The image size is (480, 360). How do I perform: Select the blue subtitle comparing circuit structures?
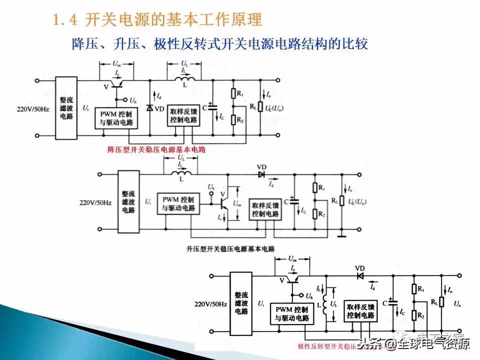click(x=220, y=44)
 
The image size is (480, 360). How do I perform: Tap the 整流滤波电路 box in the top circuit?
click(x=66, y=108)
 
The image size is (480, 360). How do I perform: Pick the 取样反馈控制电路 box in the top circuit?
click(x=183, y=116)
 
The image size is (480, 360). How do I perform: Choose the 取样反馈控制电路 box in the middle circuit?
click(x=265, y=209)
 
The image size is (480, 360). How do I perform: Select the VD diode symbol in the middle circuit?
click(x=261, y=174)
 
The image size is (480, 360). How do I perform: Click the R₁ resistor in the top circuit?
click(x=233, y=94)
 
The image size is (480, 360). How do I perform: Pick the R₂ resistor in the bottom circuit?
click(x=414, y=314)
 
